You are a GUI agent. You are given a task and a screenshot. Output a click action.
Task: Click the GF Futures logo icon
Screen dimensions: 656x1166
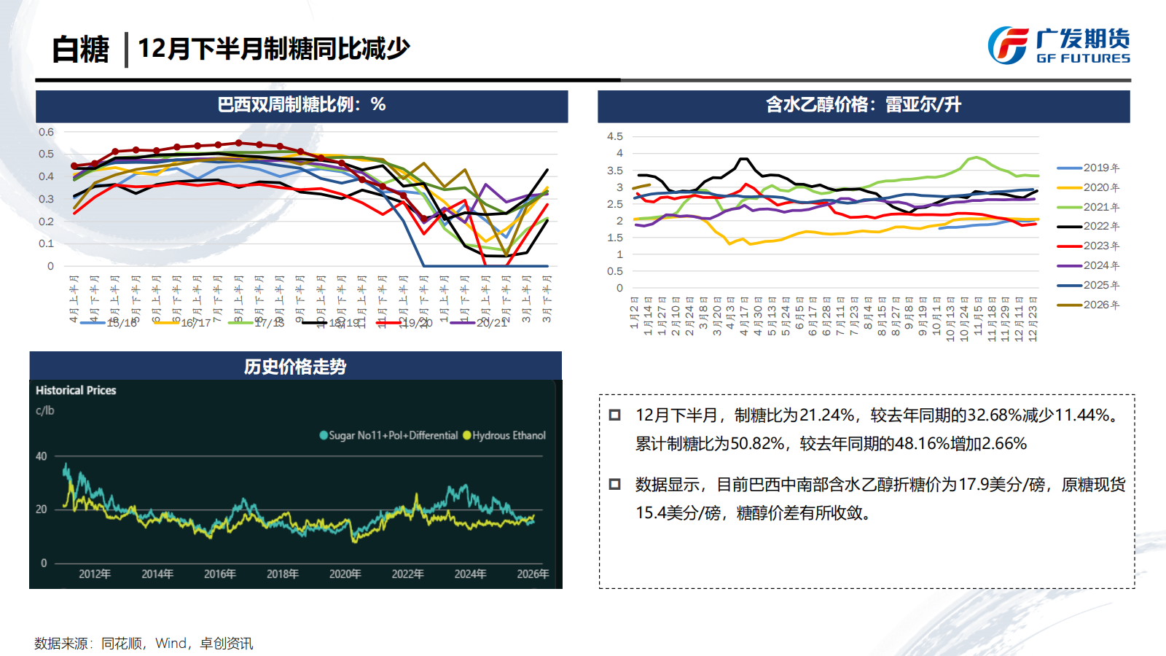1009,45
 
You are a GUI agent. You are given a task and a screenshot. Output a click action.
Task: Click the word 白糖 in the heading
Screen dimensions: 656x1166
80,50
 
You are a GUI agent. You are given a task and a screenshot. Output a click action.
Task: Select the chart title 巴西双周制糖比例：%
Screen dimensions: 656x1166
302,105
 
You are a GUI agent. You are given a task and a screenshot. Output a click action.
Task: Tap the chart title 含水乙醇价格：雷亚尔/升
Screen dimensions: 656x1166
864,105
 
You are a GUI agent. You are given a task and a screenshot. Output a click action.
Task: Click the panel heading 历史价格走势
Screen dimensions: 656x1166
295,367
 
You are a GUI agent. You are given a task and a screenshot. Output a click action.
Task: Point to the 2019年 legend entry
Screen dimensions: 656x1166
1100,168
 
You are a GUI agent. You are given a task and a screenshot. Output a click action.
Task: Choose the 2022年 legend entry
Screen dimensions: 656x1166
1100,227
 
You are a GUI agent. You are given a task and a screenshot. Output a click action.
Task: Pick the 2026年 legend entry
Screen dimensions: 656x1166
1100,305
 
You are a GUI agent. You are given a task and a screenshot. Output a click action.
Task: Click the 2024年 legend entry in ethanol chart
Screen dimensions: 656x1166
1100,265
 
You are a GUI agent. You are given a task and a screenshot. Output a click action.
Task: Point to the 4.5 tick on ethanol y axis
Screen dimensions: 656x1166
615,136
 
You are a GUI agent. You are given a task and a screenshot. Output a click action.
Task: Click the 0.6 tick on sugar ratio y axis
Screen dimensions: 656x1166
46,132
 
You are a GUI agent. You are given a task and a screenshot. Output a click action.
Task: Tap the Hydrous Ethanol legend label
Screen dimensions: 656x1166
509,435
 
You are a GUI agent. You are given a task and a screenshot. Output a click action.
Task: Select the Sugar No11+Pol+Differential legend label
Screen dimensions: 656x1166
393,435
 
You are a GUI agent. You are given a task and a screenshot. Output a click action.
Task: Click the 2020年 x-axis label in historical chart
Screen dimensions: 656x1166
345,574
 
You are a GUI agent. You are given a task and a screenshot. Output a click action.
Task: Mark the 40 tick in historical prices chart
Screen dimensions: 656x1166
42,456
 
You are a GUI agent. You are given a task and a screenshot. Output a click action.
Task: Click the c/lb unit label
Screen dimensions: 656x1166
44,410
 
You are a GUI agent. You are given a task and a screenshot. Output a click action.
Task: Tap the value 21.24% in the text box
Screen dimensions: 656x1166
827,415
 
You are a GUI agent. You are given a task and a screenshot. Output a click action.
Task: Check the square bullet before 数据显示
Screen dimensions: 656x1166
614,484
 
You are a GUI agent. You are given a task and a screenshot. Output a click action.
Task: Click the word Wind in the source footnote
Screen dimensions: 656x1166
171,644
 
